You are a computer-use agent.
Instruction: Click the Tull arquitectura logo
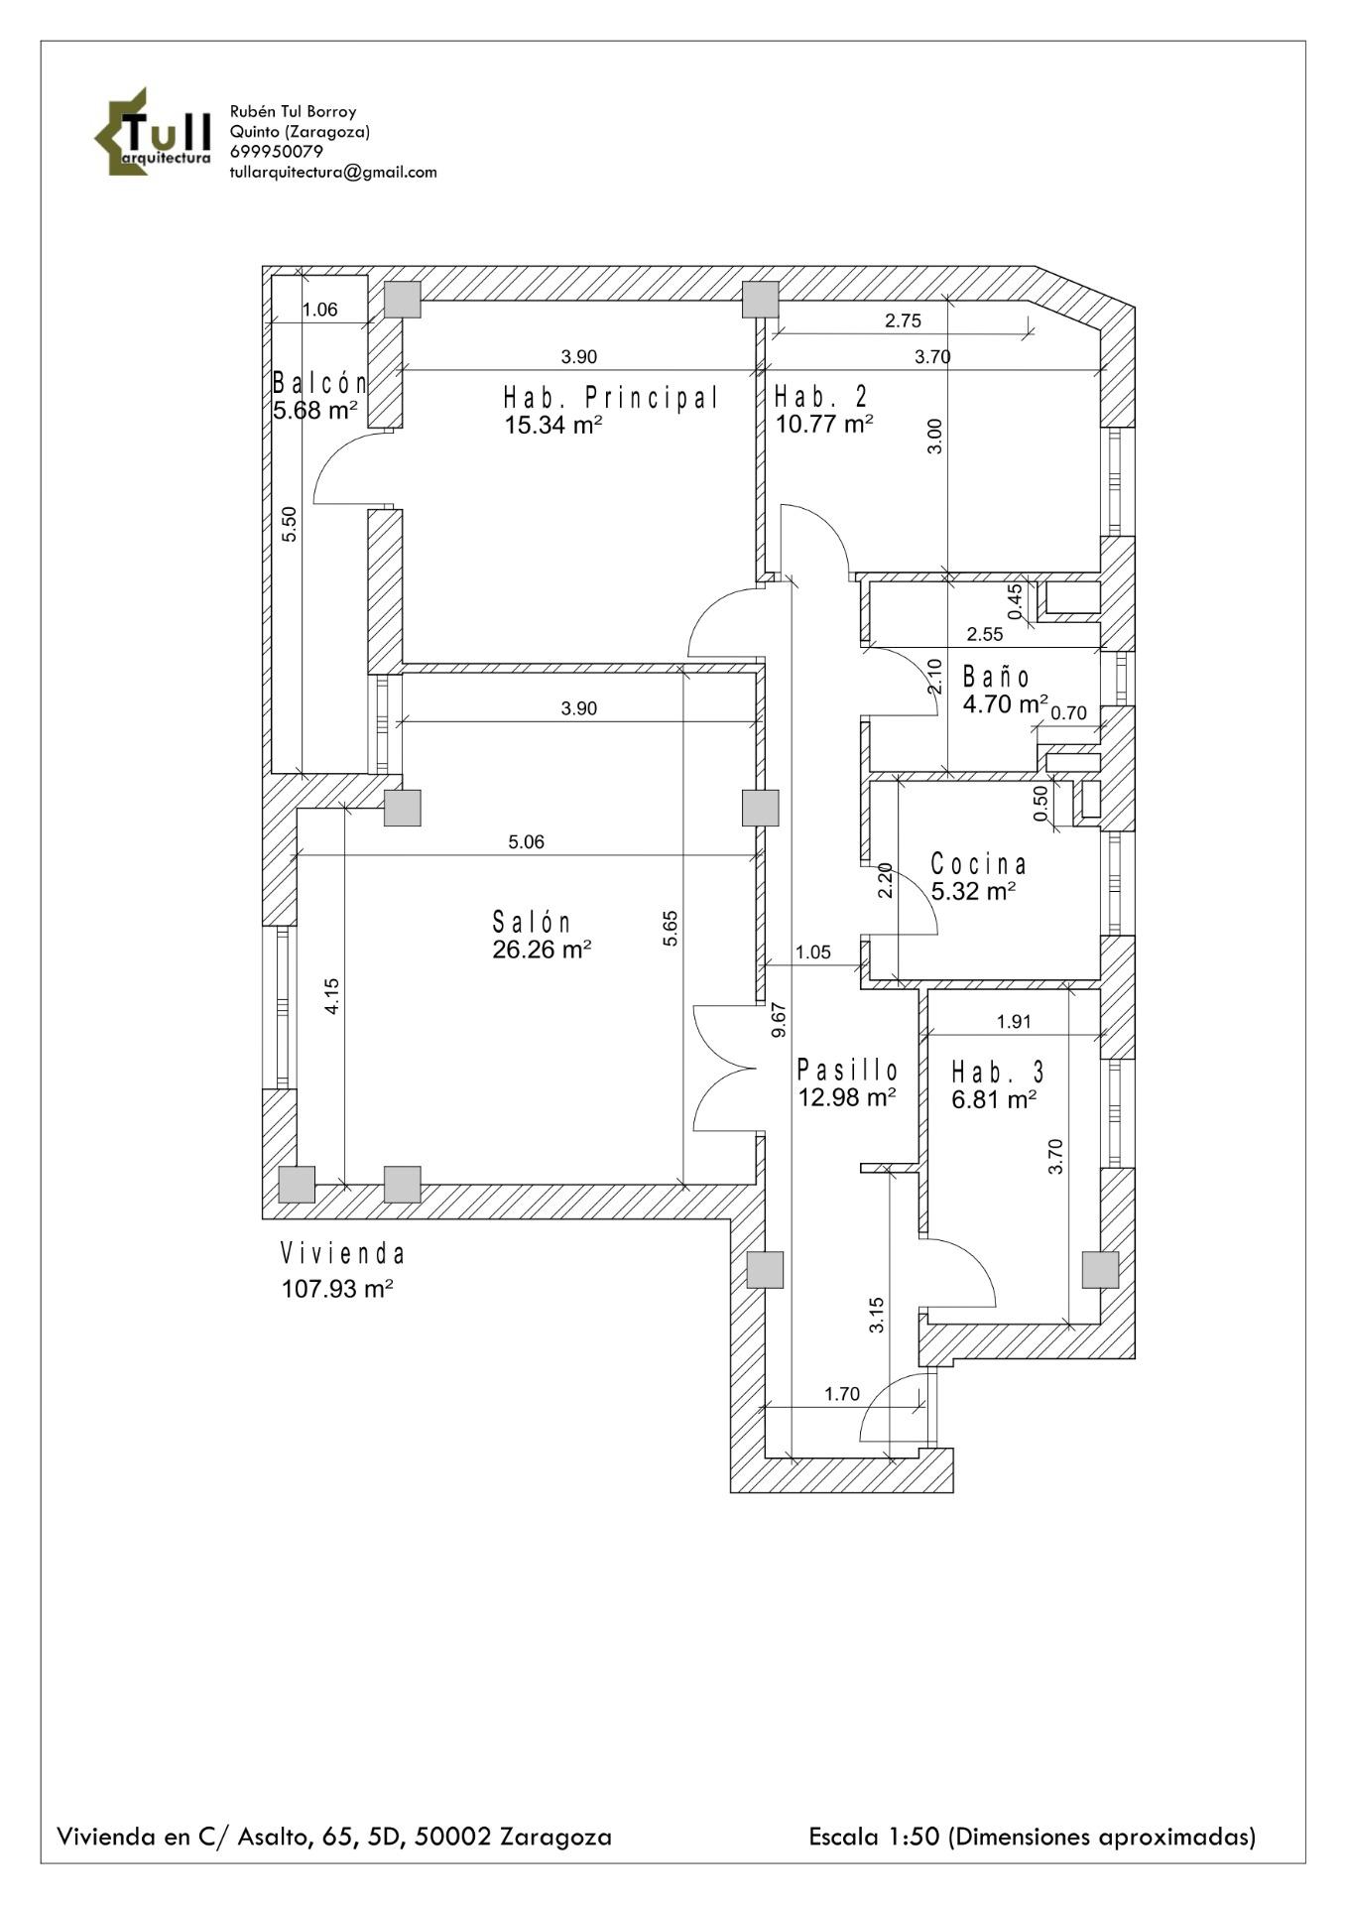pos(153,132)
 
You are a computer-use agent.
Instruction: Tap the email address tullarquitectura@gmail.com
pos(332,172)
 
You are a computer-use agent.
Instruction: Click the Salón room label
pos(533,922)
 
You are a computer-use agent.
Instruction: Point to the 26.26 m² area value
pos(542,950)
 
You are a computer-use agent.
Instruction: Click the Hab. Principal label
pos(611,398)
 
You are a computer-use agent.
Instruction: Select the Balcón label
pos(319,383)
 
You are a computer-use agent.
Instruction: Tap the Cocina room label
pos(978,864)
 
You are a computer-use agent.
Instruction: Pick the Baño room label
pos(997,678)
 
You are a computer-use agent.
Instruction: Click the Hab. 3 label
pos(998,1072)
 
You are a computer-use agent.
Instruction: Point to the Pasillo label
pos(848,1070)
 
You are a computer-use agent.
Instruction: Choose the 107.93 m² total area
pos(337,1289)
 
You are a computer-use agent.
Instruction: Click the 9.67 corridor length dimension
pos(779,1020)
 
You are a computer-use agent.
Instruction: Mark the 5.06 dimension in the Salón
pos(526,842)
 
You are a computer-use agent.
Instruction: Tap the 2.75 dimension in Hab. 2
pos(903,320)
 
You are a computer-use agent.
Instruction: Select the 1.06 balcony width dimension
pos(319,310)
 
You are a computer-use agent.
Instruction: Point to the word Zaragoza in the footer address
pos(555,1837)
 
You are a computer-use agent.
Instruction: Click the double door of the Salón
pos(724,1069)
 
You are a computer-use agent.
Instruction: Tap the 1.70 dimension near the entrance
pos(842,1394)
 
